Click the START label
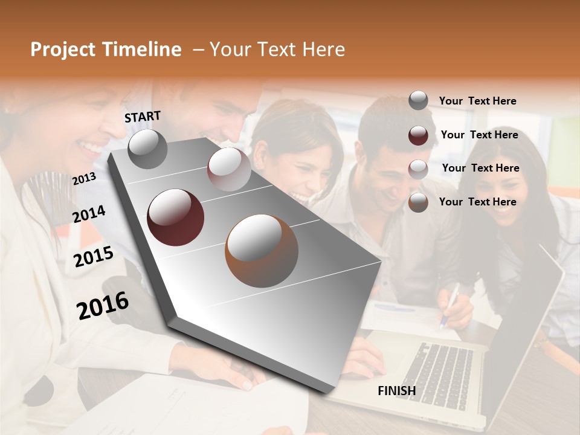143,117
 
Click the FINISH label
396,391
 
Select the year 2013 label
84,178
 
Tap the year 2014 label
89,214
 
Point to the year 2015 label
93,257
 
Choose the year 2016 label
103,305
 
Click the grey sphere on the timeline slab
147,149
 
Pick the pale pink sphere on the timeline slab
229,169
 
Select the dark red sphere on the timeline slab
176,217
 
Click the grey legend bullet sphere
418,101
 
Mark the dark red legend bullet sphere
418,135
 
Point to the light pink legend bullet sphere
418,169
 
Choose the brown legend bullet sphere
418,202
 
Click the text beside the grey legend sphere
477,101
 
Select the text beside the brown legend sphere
477,202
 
